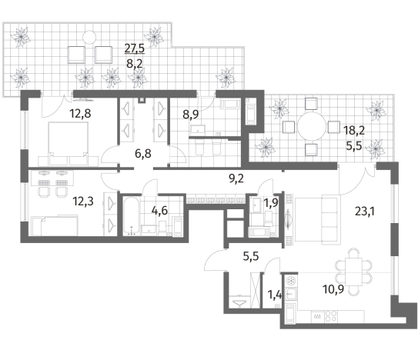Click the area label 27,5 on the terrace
pos(135,48)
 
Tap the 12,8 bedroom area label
pos(80,114)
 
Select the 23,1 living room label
pos(365,212)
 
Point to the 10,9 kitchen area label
pos(333,288)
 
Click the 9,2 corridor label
pos(236,178)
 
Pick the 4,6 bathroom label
pos(159,211)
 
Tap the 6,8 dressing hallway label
pos(143,154)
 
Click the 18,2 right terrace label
pos(354,131)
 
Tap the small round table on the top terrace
pos(89,37)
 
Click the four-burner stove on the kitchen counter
pos(330,317)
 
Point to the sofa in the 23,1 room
pos(331,219)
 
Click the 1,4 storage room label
pos(274,295)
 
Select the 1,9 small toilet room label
pos(271,203)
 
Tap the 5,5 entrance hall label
pos(251,257)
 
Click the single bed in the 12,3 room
pos(55,226)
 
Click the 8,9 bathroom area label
pos(191,115)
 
